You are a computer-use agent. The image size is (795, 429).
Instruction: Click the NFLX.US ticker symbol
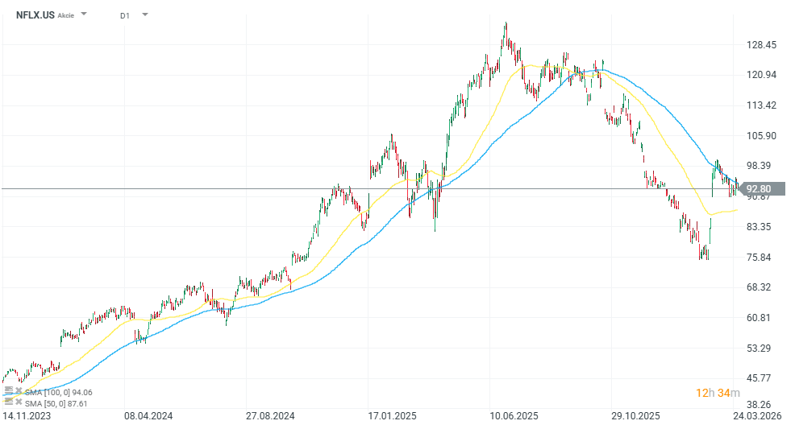(35, 14)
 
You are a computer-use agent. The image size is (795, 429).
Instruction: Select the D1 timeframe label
(124, 15)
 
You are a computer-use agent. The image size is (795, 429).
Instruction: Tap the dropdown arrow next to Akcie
(85, 14)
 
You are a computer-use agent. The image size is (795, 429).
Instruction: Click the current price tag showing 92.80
(760, 189)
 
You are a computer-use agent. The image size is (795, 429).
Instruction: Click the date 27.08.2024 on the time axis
(269, 416)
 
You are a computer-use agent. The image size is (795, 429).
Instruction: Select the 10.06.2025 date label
(514, 416)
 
